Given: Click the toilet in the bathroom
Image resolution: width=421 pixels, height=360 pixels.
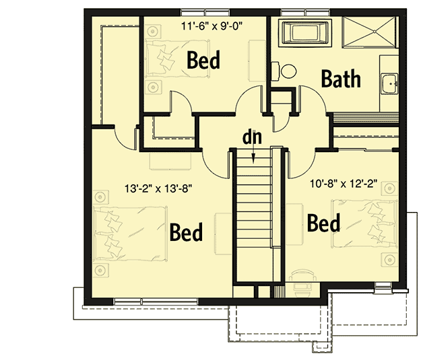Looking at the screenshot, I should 286,70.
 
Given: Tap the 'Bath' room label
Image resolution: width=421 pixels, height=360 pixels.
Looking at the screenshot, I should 340,79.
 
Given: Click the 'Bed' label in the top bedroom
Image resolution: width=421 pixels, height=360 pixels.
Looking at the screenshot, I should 203,61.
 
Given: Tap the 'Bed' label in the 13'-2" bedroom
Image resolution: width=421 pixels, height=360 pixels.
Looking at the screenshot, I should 186,233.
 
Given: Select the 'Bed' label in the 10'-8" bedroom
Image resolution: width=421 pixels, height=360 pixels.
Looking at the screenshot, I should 323,223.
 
